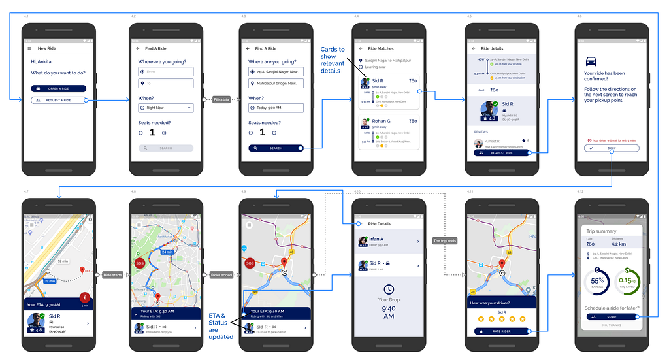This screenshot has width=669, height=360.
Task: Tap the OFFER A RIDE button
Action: point(58,88)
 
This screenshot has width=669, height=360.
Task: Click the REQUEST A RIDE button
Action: point(58,100)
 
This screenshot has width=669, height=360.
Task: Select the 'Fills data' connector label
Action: point(221,99)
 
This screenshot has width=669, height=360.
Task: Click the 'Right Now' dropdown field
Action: point(166,108)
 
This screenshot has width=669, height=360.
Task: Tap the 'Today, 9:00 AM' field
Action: point(276,108)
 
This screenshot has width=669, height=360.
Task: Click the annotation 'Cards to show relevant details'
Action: point(333,60)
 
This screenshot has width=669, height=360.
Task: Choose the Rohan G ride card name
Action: point(382,121)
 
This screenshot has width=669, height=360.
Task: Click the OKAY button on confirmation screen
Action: point(612,148)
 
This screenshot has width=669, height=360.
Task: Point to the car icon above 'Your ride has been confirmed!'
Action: point(591,61)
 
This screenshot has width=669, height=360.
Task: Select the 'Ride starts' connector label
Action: point(112,275)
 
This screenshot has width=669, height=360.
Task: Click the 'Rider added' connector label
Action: point(221,275)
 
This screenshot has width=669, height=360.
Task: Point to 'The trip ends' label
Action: point(445,241)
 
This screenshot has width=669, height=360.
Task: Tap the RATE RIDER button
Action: point(501,331)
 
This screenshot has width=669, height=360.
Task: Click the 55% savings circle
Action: point(597,281)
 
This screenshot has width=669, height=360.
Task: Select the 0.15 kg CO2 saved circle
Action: point(628,281)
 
